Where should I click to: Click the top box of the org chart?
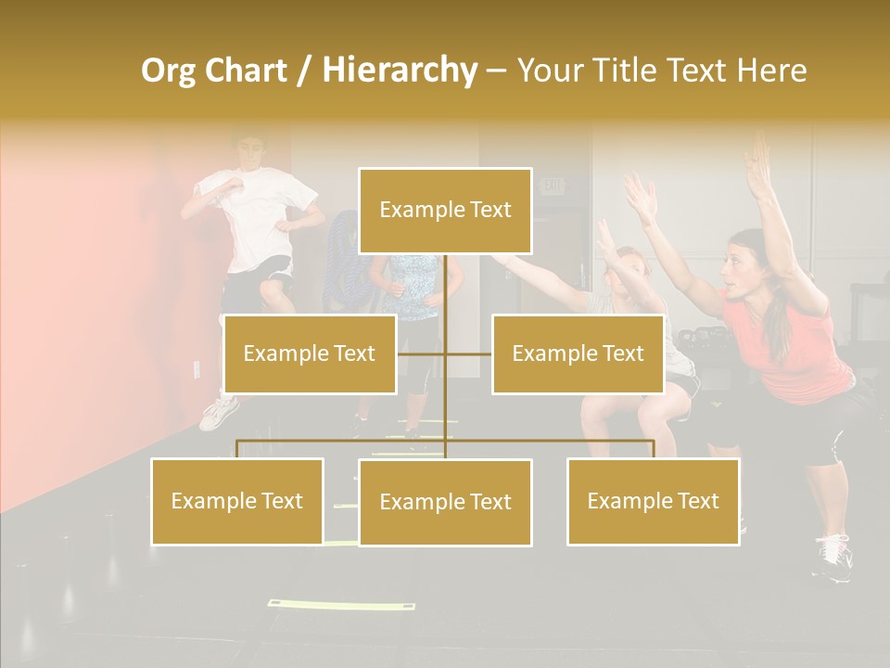click(x=445, y=211)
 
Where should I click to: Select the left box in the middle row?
click(x=310, y=353)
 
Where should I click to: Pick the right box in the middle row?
click(x=578, y=353)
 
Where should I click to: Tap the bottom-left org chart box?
click(x=237, y=501)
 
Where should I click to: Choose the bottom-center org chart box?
click(x=445, y=503)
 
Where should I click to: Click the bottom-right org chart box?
click(x=653, y=501)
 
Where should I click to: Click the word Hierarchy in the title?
click(x=400, y=71)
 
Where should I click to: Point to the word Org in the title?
click(x=168, y=71)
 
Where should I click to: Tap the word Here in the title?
click(x=771, y=71)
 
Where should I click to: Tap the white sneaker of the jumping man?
click(x=219, y=413)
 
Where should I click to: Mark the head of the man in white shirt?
click(x=248, y=151)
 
